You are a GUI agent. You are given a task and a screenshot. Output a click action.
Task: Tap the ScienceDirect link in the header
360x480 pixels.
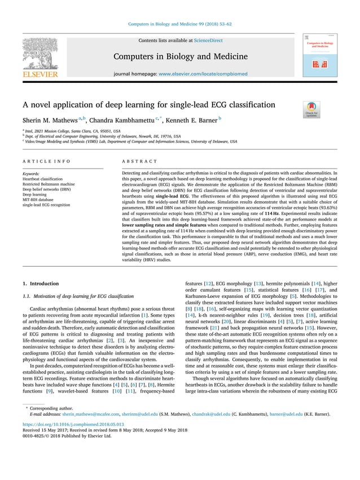pos(208,41)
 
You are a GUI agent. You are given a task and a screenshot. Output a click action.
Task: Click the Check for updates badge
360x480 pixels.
pos(311,108)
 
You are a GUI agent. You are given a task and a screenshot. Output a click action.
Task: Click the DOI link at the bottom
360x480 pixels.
pos(73,439)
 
